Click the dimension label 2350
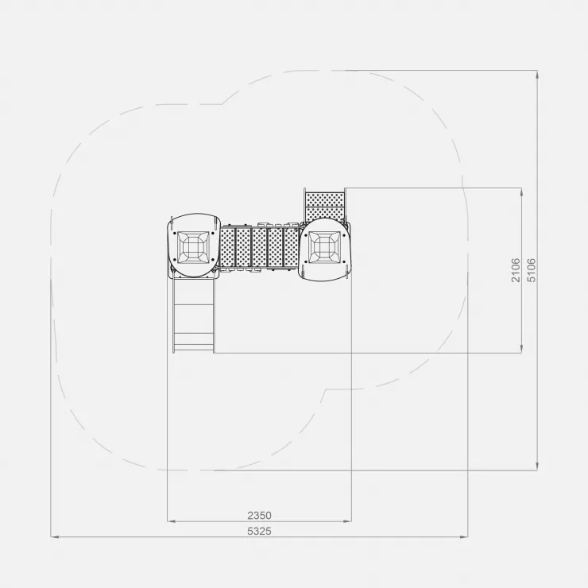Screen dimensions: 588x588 (x=259, y=516)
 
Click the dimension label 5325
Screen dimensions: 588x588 (x=259, y=532)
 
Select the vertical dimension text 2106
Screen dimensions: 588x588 (x=516, y=270)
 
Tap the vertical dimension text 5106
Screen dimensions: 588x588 (x=532, y=270)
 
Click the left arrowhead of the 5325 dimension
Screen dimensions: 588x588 (x=55, y=537)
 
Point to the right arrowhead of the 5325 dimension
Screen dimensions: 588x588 (x=463, y=537)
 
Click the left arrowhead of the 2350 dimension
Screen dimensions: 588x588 (x=172, y=521)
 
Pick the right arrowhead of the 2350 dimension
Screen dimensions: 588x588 (x=347, y=521)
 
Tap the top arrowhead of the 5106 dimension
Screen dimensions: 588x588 (x=537, y=74)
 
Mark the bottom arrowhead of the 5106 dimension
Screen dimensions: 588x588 (x=537, y=466)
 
